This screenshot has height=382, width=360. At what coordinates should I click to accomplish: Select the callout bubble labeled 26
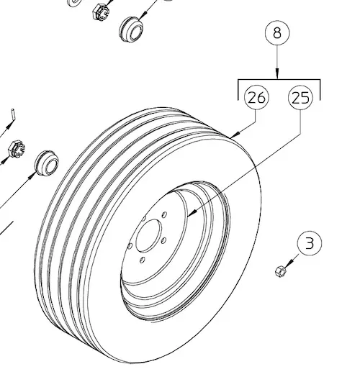tap(256, 97)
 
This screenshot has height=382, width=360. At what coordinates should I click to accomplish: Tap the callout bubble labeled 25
tap(300, 97)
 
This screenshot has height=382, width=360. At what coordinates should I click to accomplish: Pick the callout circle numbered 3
tap(310, 243)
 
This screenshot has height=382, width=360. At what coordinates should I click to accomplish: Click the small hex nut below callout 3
tap(280, 271)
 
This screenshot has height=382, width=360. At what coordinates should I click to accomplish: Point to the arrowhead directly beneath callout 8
tap(277, 73)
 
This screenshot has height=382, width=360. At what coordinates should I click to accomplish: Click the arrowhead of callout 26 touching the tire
tap(235, 135)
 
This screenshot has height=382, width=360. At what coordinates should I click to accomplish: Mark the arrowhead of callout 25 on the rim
tap(192, 213)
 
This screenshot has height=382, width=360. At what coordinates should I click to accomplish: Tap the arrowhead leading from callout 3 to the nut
tap(288, 263)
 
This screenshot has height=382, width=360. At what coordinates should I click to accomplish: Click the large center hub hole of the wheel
tap(149, 235)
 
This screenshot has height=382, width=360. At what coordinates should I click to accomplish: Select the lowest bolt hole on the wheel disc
tap(142, 260)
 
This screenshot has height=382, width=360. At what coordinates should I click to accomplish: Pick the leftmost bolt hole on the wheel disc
tap(130, 245)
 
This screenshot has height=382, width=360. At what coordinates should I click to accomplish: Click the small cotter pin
tap(14, 114)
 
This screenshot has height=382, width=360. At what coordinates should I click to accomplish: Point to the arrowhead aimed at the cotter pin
tap(9, 126)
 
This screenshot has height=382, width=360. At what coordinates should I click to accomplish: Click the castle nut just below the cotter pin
tap(17, 148)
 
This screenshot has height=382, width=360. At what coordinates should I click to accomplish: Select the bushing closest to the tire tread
tap(47, 163)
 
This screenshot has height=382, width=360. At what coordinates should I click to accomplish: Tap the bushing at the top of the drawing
tap(131, 29)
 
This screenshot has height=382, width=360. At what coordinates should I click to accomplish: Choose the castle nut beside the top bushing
tap(102, 12)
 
